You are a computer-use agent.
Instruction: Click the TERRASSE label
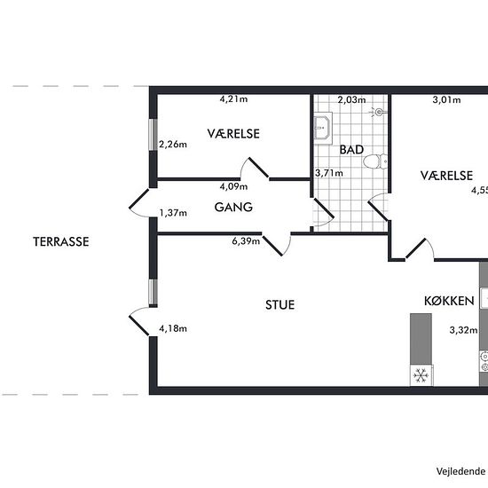[x=61, y=242]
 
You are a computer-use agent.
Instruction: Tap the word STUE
[x=280, y=304]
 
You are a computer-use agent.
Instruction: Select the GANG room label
[x=233, y=207]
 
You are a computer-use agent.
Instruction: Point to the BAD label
[x=351, y=150]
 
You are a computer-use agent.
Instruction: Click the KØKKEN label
[x=449, y=301]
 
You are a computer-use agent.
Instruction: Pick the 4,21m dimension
[x=233, y=99]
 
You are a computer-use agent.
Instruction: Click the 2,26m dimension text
[x=173, y=145]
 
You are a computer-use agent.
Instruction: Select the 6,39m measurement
[x=246, y=241]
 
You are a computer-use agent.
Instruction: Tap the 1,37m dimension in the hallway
[x=173, y=213]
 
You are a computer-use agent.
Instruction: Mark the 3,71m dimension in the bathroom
[x=329, y=173]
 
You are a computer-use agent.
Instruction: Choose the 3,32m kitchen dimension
[x=463, y=330]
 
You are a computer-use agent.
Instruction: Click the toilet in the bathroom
[x=375, y=161]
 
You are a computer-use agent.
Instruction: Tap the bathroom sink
[x=323, y=128]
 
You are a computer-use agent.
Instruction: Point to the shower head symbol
[x=378, y=112]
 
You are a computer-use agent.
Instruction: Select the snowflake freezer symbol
[x=421, y=375]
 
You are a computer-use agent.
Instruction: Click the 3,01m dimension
[x=446, y=100]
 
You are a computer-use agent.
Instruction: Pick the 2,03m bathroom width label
[x=351, y=100]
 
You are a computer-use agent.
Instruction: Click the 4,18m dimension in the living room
[x=173, y=328]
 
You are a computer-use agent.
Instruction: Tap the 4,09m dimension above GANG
[x=233, y=186]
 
